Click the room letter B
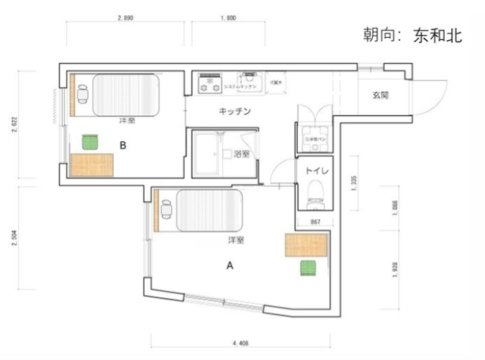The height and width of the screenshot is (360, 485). pos(122,142)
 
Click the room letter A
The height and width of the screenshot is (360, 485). pos(230,266)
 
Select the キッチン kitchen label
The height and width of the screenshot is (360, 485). pos(235,111)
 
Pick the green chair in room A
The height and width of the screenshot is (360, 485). pos(308,268)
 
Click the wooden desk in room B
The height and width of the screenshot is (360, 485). pos(92,164)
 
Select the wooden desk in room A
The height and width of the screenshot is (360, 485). pos(307,246)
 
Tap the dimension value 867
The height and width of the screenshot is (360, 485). pos(318,221)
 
